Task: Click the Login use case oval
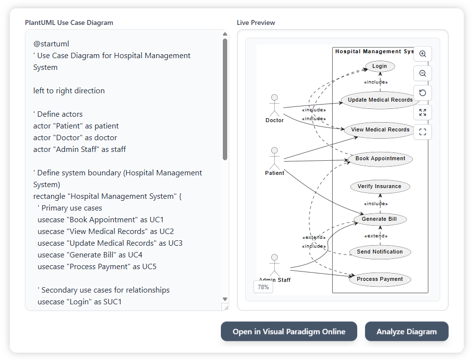click(x=379, y=66)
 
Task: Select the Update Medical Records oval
click(x=380, y=100)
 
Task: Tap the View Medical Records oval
click(x=380, y=130)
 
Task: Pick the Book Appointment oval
click(x=380, y=159)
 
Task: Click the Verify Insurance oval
click(x=379, y=187)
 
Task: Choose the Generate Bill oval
click(x=379, y=219)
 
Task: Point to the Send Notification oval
click(x=380, y=252)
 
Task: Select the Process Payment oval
click(x=380, y=279)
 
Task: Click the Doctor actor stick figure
click(x=274, y=105)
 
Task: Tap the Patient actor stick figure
click(x=274, y=158)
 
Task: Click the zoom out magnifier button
click(x=423, y=73)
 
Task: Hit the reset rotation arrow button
click(x=423, y=93)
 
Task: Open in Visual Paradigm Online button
click(x=289, y=332)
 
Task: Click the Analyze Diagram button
click(x=407, y=332)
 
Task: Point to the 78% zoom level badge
click(x=263, y=287)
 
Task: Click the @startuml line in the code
click(x=51, y=44)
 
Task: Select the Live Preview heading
click(x=256, y=22)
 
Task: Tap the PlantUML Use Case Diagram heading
click(x=69, y=22)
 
